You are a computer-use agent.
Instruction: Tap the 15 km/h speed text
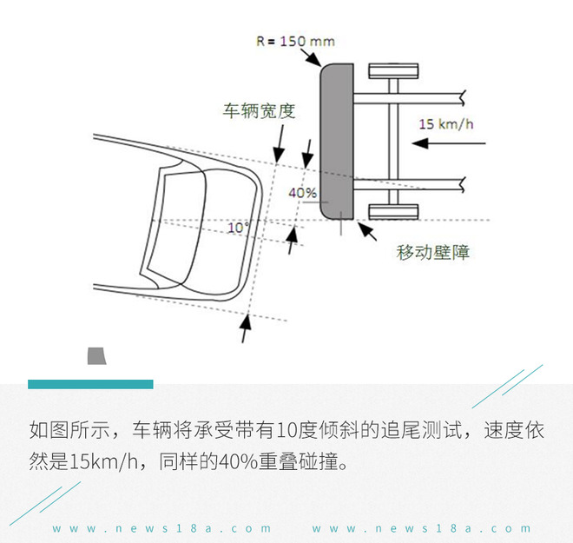445,123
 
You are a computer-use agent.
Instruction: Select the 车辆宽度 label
259,111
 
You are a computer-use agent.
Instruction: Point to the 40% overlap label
301,192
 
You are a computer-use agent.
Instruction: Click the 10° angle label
238,228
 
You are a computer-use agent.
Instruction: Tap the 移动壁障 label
433,253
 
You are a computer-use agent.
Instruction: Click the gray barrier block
337,139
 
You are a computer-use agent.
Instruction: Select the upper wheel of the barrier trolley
392,70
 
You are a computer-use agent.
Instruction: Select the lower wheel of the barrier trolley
392,211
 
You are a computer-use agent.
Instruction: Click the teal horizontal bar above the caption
90,384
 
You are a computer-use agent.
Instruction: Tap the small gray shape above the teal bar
95,355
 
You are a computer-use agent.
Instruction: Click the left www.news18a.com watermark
161,527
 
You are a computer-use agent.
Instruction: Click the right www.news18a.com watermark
421,527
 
